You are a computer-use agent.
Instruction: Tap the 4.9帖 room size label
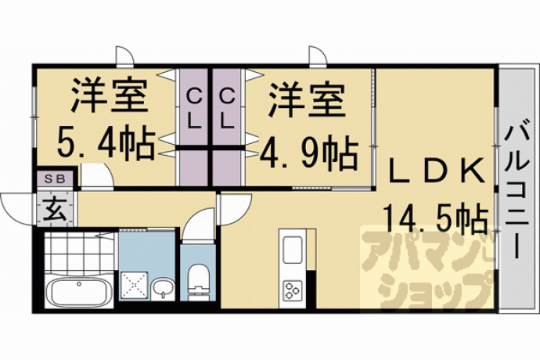pos(308,153)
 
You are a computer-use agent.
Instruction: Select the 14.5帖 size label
pos(436,216)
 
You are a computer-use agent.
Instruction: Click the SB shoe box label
pos(55,178)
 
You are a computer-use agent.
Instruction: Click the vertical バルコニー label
pos(517,193)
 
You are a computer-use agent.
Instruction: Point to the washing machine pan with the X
pos(135,285)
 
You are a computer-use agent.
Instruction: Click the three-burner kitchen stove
pos(293,290)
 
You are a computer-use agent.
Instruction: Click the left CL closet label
pos(194,108)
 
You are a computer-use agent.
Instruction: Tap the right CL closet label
pos(227,108)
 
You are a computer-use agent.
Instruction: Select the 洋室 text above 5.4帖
pos(110,95)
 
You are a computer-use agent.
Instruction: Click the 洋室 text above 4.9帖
pos(307,99)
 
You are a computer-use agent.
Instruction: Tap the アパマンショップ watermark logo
pos(427,268)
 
